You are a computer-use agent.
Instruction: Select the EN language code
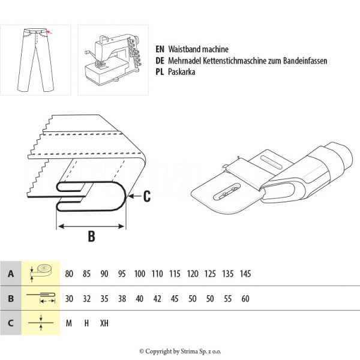tap(160, 50)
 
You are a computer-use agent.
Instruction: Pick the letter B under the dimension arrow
tap(91, 236)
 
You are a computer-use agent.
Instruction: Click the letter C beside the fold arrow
tap(148, 195)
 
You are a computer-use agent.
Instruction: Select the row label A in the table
tap(10, 274)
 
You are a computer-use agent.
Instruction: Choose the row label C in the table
tap(10, 322)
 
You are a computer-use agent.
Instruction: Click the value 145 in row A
tap(245, 274)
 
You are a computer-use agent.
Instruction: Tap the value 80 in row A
tap(69, 274)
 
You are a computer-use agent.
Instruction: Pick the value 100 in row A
tap(140, 274)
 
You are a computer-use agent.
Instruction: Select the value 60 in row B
tap(245, 298)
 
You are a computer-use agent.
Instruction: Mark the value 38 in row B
tap(122, 298)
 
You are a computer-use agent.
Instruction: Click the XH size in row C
tap(104, 323)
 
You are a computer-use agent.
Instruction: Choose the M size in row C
tap(69, 323)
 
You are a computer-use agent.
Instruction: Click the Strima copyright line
tap(180, 352)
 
